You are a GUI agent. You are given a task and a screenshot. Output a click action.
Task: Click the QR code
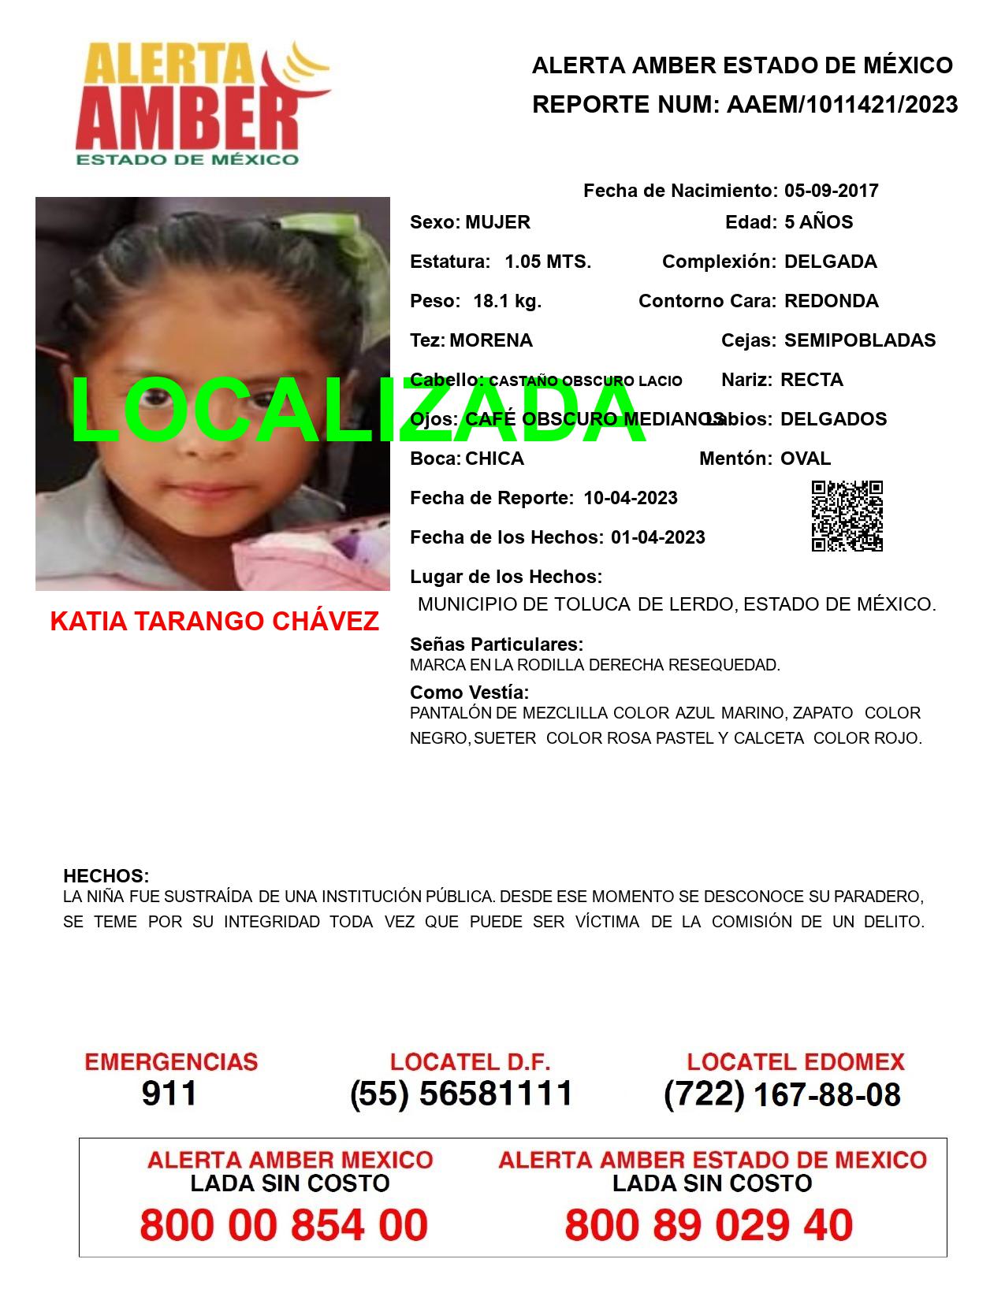[847, 516]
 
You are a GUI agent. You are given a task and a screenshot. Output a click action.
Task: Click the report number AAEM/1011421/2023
[842, 105]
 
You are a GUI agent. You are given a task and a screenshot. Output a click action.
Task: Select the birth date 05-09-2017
[831, 191]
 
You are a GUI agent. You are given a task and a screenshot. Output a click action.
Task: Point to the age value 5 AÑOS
[818, 222]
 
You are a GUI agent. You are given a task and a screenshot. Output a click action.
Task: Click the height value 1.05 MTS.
[548, 262]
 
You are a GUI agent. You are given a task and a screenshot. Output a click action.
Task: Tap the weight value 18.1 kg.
[507, 301]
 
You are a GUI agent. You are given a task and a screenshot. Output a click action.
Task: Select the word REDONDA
[831, 301]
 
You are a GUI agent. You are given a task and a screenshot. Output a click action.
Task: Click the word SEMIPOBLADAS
[859, 340]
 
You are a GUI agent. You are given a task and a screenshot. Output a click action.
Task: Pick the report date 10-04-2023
[631, 498]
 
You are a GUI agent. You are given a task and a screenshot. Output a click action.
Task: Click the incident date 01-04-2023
[657, 537]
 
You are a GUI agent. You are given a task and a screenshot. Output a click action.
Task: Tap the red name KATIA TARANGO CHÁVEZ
[214, 622]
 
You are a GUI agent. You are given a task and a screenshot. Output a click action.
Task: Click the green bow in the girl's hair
[359, 236]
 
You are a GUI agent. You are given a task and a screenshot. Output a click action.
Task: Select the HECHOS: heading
[106, 876]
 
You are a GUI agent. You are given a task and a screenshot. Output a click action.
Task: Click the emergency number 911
[169, 1094]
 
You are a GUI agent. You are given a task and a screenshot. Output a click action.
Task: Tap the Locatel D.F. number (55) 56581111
[461, 1094]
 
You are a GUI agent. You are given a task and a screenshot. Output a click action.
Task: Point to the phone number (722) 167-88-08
[782, 1094]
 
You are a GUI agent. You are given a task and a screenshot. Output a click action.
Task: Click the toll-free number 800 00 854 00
[284, 1225]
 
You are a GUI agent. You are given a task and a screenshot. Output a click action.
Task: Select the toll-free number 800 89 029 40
[709, 1225]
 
